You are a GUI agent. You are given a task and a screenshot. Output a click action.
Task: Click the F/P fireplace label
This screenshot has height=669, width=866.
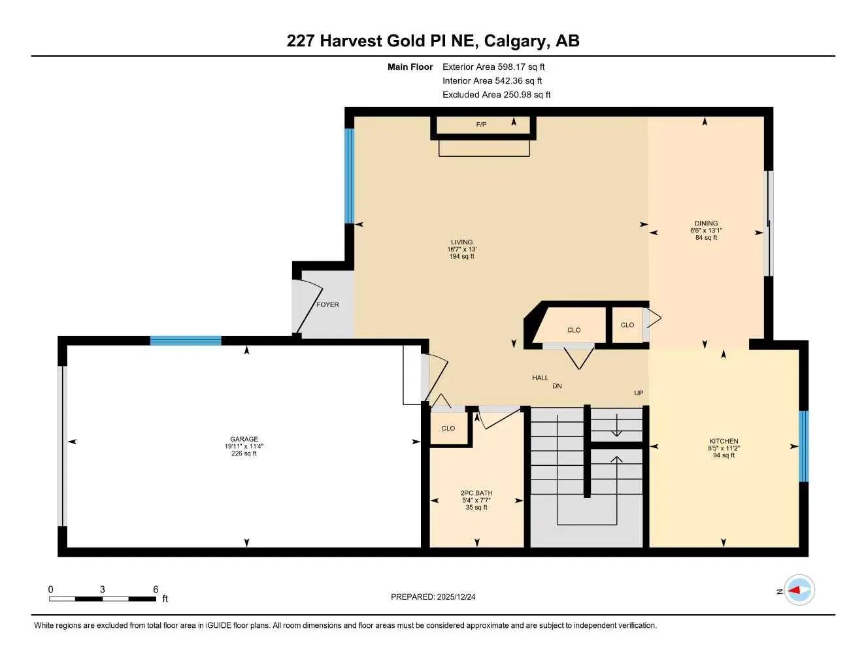(x=481, y=124)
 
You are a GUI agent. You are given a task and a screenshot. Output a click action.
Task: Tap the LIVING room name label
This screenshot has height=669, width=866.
(x=461, y=242)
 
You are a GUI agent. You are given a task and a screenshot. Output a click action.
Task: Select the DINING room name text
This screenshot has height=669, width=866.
(x=706, y=223)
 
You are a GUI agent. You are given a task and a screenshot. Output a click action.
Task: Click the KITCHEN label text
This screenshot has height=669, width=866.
(x=724, y=441)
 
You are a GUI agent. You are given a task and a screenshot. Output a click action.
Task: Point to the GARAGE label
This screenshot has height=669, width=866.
(x=244, y=439)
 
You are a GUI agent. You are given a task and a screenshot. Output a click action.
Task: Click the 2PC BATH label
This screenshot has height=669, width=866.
(x=476, y=493)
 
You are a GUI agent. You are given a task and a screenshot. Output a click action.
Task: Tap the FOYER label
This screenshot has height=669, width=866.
(x=327, y=304)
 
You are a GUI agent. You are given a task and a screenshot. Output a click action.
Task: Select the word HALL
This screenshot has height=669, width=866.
(x=540, y=378)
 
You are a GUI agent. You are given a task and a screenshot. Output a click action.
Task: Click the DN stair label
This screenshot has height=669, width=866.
(x=557, y=386)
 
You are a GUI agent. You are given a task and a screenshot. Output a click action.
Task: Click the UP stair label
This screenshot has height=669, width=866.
(x=639, y=393)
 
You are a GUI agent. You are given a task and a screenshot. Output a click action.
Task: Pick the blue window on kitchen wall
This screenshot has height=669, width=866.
(x=803, y=446)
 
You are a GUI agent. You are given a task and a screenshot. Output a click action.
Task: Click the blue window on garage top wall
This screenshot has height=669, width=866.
(x=186, y=340)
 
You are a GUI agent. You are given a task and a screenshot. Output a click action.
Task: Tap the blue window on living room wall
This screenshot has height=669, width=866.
(x=350, y=176)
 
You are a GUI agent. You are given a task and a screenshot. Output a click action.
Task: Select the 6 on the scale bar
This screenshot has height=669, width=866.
(x=156, y=589)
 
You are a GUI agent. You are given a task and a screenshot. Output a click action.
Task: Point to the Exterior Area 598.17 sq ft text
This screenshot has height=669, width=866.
(x=493, y=67)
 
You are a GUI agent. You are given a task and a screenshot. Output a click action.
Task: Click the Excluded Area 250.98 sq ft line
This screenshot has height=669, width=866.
(x=496, y=95)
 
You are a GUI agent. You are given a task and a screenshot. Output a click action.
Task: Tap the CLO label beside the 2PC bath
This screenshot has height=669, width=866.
(x=448, y=429)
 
